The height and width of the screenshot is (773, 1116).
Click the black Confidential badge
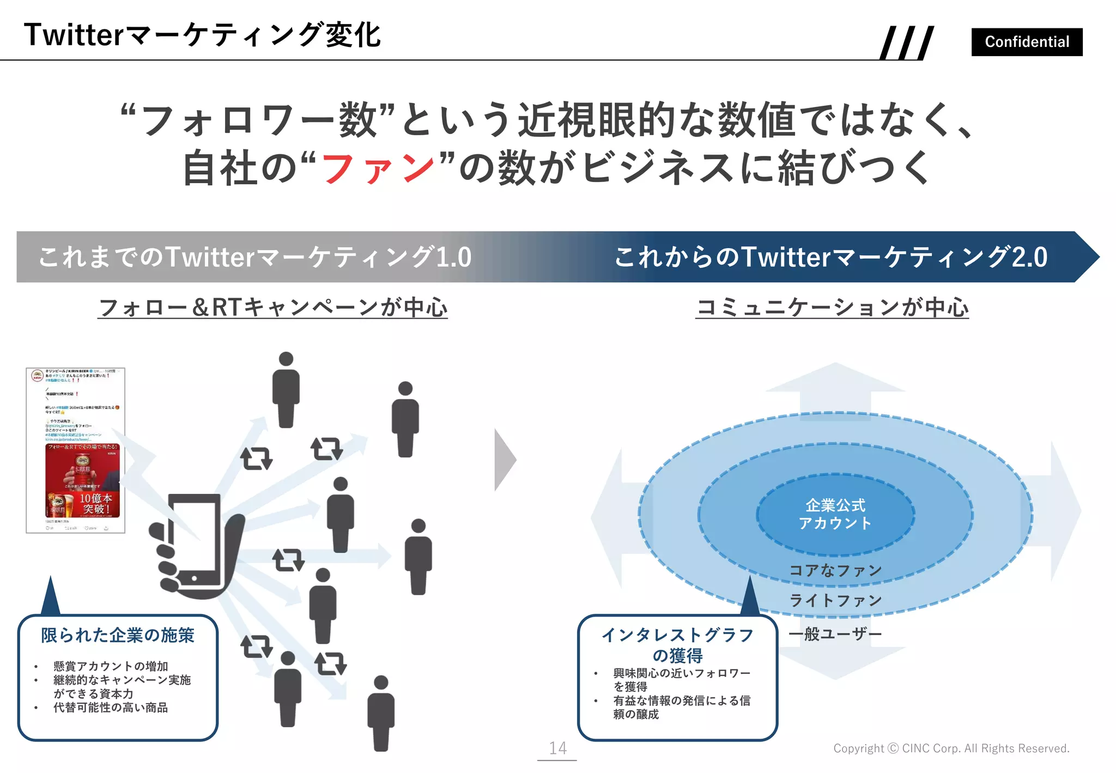[1026, 42]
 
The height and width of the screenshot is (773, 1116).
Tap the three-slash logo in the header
[907, 43]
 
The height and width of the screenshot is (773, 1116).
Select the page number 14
[557, 748]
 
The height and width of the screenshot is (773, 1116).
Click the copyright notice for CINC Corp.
[951, 748]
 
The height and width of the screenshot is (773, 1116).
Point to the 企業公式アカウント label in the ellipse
[835, 514]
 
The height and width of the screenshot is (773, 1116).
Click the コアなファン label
[835, 570]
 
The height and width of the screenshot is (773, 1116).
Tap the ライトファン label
[835, 600]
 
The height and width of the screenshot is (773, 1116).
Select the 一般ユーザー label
[835, 634]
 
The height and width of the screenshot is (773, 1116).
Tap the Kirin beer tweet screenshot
[76, 450]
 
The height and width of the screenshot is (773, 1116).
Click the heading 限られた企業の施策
[118, 635]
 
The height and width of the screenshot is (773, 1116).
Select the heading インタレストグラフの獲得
[677, 645]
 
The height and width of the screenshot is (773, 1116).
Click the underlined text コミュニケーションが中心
[832, 307]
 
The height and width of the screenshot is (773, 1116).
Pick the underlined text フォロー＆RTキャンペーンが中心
[272, 307]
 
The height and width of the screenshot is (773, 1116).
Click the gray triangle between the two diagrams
[504, 460]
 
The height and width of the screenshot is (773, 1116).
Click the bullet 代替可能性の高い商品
[111, 708]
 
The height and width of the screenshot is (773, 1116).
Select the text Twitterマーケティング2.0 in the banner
[894, 257]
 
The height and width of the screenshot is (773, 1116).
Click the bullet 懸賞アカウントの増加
[111, 666]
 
